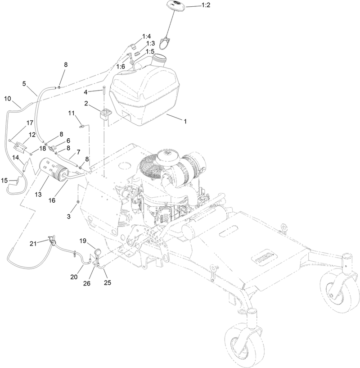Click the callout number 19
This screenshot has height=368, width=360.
tap(83, 241)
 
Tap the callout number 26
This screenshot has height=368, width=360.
tap(87, 284)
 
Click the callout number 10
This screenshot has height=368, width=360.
tap(8, 99)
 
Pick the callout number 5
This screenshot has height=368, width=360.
tap(24, 83)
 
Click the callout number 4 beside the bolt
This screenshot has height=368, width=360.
tap(85, 92)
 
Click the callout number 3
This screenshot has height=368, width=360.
tap(69, 217)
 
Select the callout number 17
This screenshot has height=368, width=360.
tap(30, 123)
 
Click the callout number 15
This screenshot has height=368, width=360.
tap(4, 180)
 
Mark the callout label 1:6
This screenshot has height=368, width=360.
tap(120, 66)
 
